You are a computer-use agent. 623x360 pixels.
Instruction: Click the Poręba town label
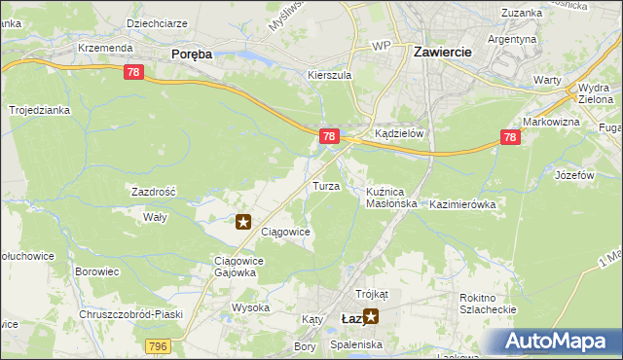(191, 54)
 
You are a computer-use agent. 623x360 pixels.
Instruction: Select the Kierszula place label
(328, 75)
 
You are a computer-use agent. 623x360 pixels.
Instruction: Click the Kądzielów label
(399, 134)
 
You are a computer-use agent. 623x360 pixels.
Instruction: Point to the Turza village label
(325, 185)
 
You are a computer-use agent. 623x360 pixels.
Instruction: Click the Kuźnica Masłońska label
(391, 198)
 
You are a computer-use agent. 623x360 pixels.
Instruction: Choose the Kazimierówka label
(462, 204)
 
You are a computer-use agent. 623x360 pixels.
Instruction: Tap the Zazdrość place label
(153, 193)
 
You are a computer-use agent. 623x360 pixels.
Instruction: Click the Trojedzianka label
(40, 110)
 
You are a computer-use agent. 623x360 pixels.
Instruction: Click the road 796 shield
(160, 346)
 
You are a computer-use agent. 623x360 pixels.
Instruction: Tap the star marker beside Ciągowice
(244, 222)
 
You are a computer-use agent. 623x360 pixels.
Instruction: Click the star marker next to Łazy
(370, 316)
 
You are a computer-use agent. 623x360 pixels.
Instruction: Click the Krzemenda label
(101, 47)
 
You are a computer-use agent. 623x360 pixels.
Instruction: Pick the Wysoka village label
(250, 307)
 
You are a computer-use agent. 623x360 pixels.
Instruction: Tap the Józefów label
(573, 175)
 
